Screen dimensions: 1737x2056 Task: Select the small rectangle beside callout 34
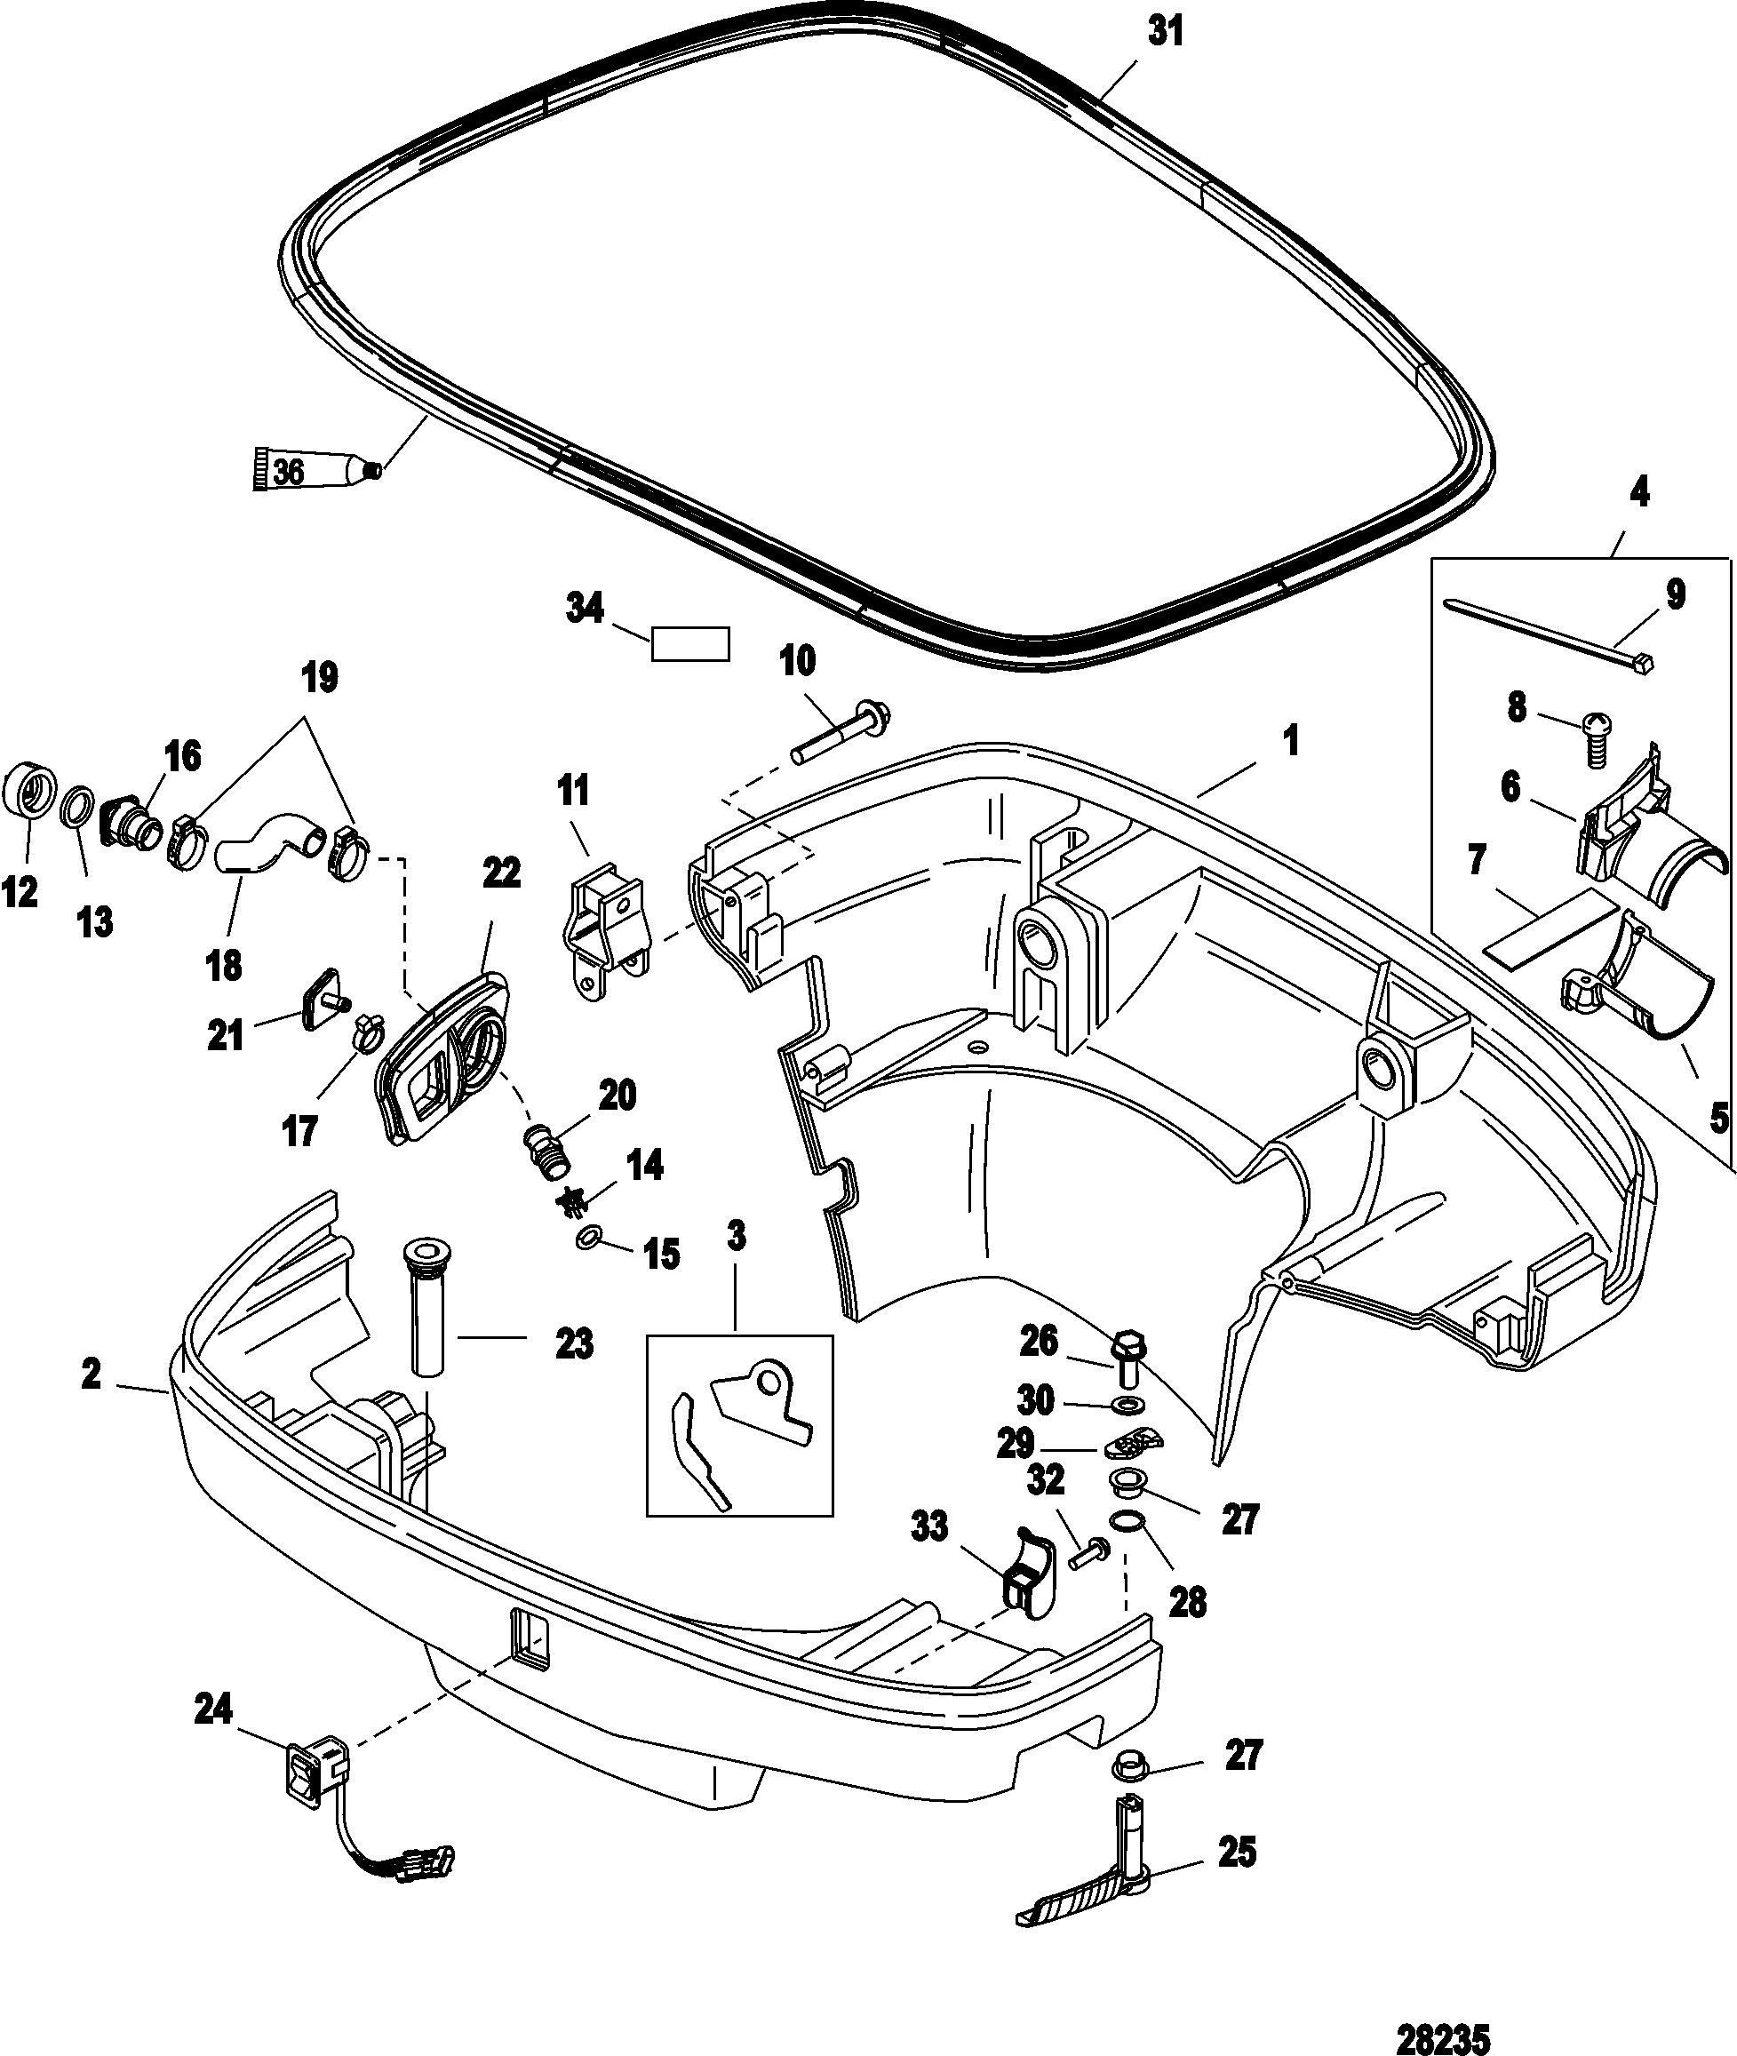(x=690, y=644)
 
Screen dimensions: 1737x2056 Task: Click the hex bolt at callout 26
(x=1129, y=1361)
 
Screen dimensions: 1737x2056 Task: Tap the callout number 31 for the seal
(x=1167, y=33)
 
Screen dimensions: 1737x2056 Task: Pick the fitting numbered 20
(x=545, y=1147)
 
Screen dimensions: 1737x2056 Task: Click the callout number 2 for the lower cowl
(x=92, y=1375)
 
